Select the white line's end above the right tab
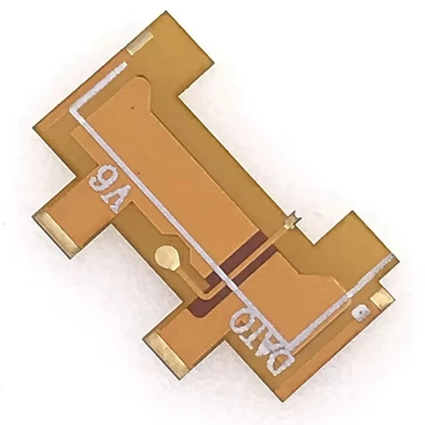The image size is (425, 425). (390, 257)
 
